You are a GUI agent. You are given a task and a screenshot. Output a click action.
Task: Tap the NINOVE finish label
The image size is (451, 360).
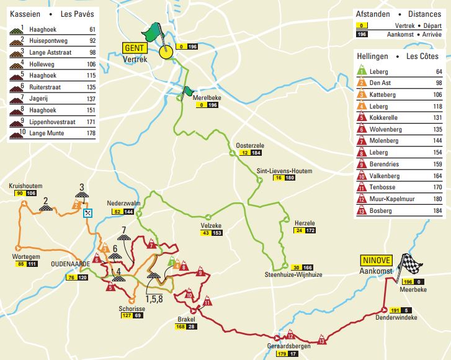(375, 261)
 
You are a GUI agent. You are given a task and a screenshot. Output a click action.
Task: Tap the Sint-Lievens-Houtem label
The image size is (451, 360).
(284, 171)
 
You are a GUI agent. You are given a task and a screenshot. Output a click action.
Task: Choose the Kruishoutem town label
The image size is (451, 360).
(25, 186)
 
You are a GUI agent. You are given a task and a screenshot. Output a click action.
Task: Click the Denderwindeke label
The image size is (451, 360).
(396, 318)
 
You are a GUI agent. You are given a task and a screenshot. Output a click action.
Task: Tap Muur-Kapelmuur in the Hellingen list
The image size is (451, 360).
(395, 199)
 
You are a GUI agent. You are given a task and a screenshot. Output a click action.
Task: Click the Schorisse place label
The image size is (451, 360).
(131, 308)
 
